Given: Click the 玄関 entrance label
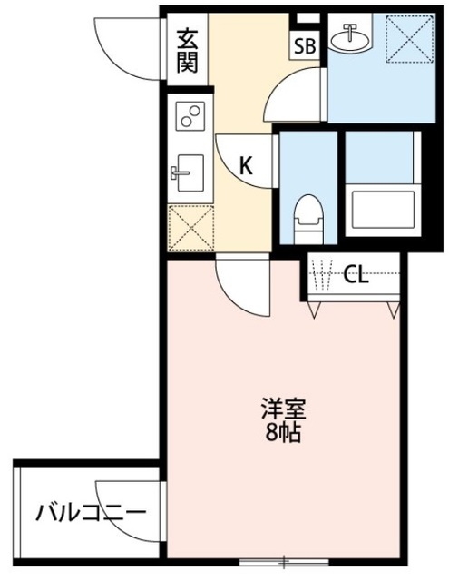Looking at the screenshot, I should (187, 51).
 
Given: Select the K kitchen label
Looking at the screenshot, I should (245, 165).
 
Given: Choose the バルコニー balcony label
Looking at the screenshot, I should (90, 514).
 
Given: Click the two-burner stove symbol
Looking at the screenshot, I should (191, 116).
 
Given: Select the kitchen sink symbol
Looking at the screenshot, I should (190, 172).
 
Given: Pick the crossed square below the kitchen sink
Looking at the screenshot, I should (190, 226).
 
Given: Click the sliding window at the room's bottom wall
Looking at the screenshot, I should (282, 560).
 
